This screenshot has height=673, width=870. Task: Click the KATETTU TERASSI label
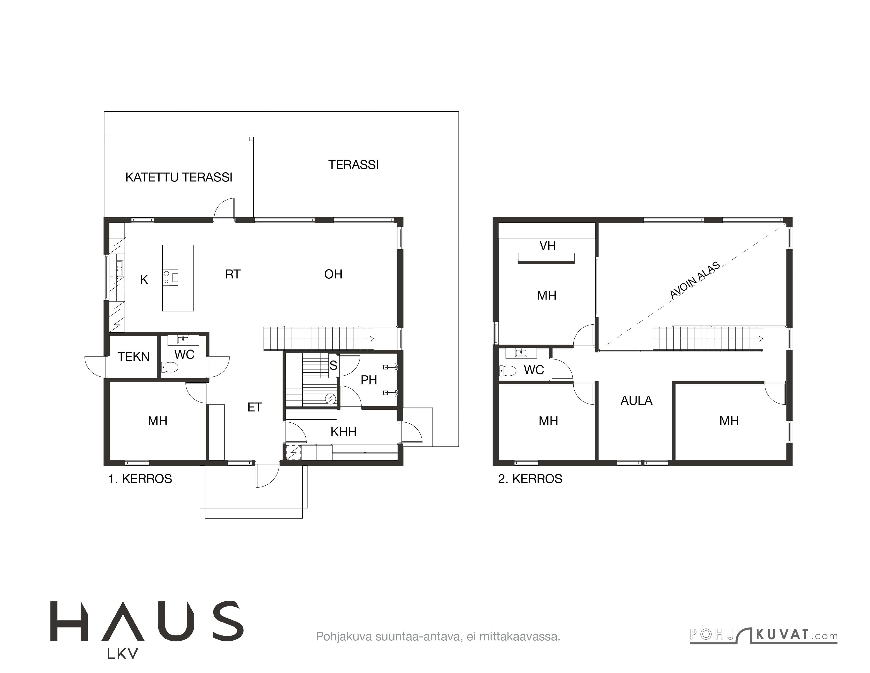coord(179,177)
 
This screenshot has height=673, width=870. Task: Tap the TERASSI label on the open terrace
coord(353,165)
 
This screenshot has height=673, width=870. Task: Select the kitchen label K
coord(144,280)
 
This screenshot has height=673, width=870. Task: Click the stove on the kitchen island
coord(171,277)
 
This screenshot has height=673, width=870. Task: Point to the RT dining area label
coord(233,274)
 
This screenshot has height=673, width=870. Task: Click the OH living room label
coord(333,274)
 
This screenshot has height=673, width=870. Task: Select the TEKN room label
coord(134,357)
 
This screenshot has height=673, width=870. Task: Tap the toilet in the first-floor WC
coord(170,367)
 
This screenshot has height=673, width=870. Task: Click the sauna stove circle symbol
coord(330,399)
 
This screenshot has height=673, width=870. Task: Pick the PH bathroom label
coord(369,380)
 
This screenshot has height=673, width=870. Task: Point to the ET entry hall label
coord(255,407)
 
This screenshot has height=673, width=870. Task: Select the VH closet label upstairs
coord(547,246)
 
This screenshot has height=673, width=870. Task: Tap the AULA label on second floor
coord(636,401)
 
